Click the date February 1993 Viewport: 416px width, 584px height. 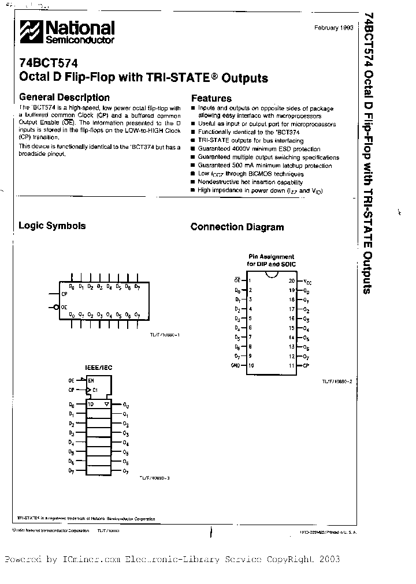point(332,28)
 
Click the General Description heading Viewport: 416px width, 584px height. point(64,98)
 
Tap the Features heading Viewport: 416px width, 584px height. point(211,98)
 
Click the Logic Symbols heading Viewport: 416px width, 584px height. point(53,226)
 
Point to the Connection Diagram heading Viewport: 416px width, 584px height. point(237,227)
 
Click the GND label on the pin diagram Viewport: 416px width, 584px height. point(235,365)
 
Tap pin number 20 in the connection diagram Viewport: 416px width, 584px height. point(292,281)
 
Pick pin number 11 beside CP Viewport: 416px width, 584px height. point(292,365)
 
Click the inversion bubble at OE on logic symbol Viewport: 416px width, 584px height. point(56,308)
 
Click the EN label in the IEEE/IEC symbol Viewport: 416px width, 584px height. point(91,380)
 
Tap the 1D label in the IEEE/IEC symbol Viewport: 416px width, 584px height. point(91,405)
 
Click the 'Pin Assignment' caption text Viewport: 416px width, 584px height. point(271,257)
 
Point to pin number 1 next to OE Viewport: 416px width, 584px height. point(250,281)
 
